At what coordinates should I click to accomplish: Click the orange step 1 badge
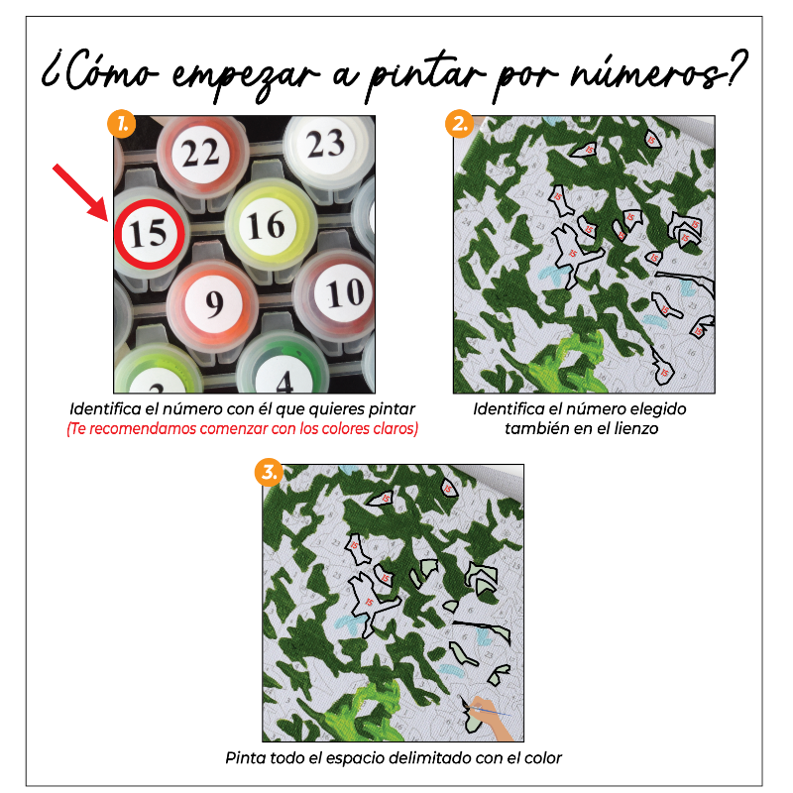pos(121,125)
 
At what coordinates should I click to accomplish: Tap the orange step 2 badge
pos(459,125)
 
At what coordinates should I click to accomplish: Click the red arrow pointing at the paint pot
pos(82,191)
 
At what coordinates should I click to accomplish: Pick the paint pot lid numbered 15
pos(148,234)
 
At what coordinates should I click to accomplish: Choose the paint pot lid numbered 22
pos(201,153)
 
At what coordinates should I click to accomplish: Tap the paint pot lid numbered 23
pos(325,145)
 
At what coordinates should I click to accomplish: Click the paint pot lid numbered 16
pos(265,226)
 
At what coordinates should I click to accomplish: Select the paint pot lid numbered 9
pos(214,302)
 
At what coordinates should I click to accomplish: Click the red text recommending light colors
pos(242,429)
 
